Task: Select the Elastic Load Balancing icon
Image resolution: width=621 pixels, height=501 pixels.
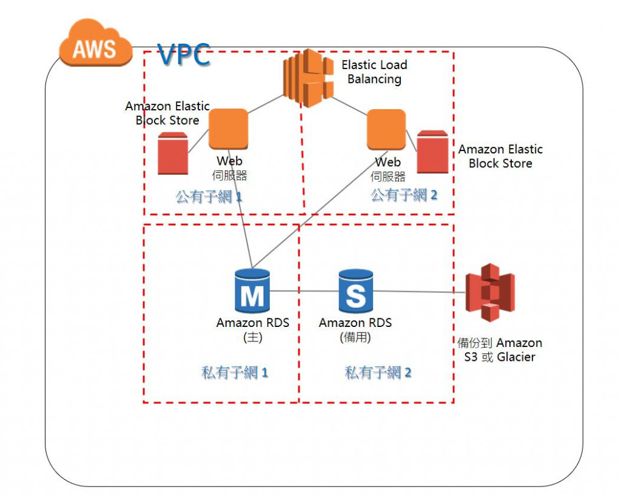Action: pos(308,78)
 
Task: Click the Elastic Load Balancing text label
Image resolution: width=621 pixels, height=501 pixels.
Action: pos(374,72)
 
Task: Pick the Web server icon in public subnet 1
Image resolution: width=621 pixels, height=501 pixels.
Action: pos(228,129)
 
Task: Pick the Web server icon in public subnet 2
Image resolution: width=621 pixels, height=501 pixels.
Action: pos(386,129)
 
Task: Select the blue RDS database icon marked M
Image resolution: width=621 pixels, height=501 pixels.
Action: pos(252,291)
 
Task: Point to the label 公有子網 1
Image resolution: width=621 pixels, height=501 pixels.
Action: pos(209,197)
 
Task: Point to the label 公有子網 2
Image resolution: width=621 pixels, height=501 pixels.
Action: pos(404,195)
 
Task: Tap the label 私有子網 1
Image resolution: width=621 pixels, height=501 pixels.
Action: pos(235,372)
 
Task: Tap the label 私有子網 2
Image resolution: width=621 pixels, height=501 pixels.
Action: pos(378,372)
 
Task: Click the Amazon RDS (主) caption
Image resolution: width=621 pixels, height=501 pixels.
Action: pos(252,330)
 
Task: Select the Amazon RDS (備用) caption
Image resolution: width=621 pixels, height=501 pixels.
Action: pos(355,330)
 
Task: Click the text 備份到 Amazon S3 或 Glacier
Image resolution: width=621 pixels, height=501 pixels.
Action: pos(500,350)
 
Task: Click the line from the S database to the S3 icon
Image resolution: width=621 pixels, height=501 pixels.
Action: pos(418,292)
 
